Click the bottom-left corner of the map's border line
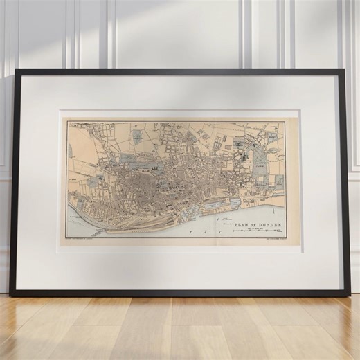click(x=66, y=238)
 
